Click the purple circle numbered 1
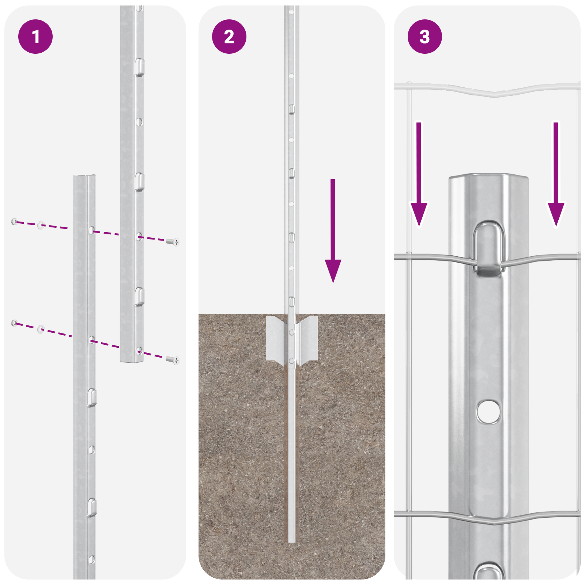pos(35,37)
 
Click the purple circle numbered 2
pos(229,37)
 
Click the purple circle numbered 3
pos(425,37)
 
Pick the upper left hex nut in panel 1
pos(14,221)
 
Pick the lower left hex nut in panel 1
pos(14,322)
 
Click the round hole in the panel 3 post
pos(488,411)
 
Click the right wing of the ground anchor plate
pos(309,338)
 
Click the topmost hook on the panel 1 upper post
pos(140,67)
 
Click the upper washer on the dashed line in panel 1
pos(41,224)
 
